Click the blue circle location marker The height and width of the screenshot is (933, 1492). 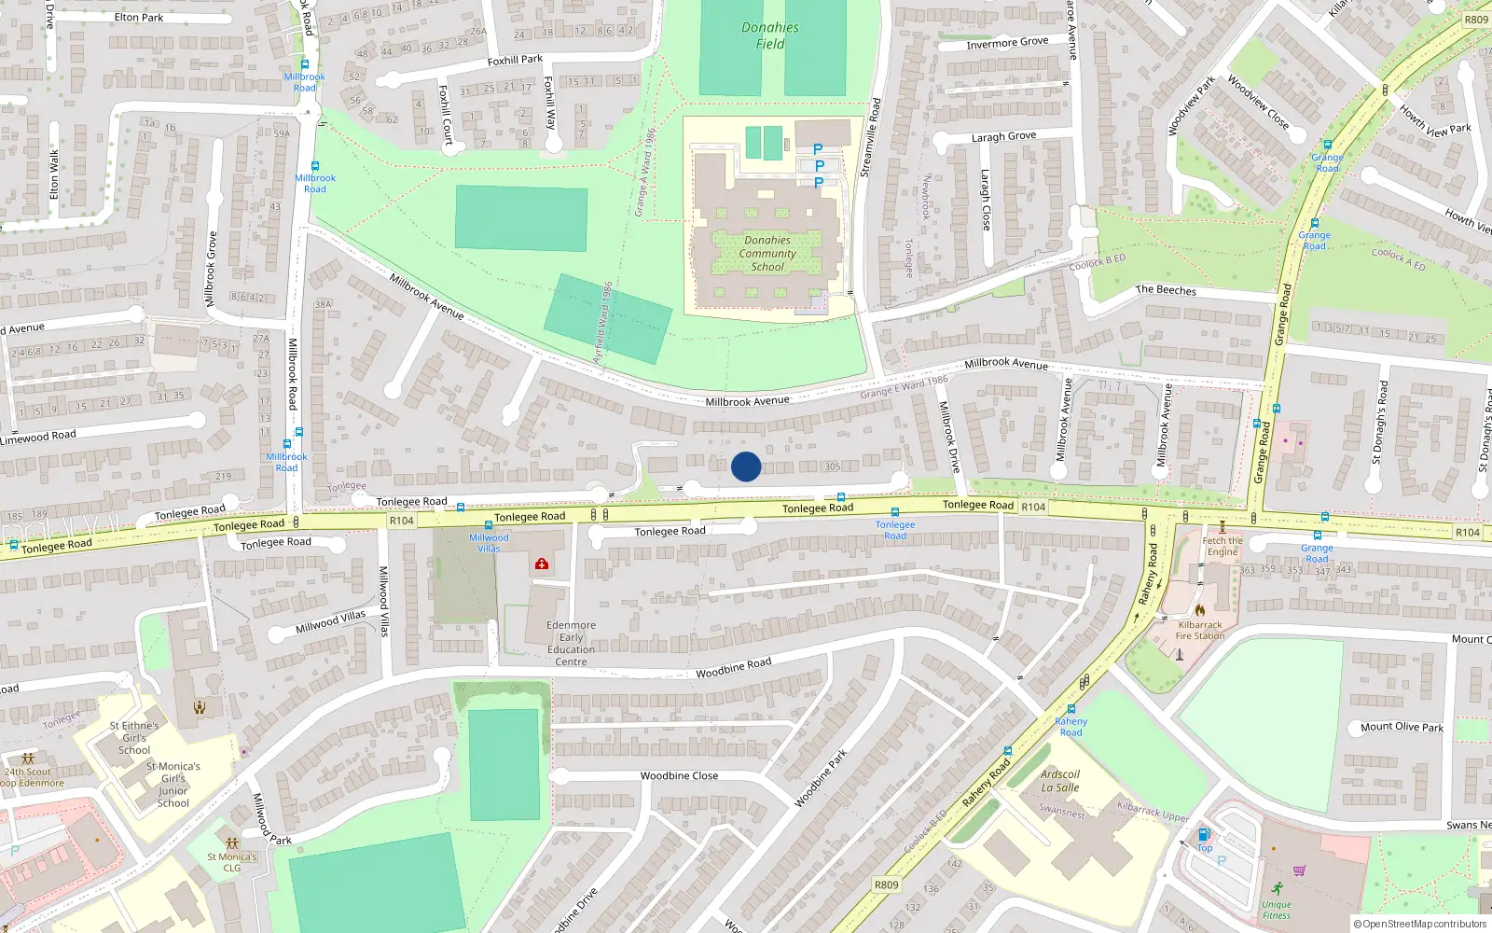click(746, 466)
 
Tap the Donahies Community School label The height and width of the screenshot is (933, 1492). click(767, 254)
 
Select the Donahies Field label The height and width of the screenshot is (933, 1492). click(770, 35)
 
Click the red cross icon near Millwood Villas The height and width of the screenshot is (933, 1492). click(541, 564)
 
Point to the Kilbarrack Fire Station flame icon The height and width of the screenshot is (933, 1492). click(1199, 611)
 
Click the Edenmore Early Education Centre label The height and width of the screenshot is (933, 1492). click(571, 644)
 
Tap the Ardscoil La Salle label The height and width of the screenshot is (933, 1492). click(1060, 781)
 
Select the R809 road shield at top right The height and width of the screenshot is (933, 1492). click(1476, 20)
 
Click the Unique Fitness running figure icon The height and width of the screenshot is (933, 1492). click(1277, 888)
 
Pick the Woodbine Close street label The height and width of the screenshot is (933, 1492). click(679, 776)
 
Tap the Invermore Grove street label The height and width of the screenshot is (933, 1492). click(1007, 43)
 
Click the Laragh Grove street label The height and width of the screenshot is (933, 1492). click(1003, 136)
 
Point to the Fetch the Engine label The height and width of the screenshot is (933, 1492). click(1222, 546)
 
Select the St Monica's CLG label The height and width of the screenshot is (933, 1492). click(232, 862)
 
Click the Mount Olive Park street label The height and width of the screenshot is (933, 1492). click(1402, 727)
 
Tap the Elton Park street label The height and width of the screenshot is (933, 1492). click(139, 18)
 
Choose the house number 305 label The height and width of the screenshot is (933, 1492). click(833, 466)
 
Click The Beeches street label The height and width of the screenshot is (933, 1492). click(1166, 290)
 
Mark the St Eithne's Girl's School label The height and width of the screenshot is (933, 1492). click(134, 737)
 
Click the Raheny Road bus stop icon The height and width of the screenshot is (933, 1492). click(1071, 709)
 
